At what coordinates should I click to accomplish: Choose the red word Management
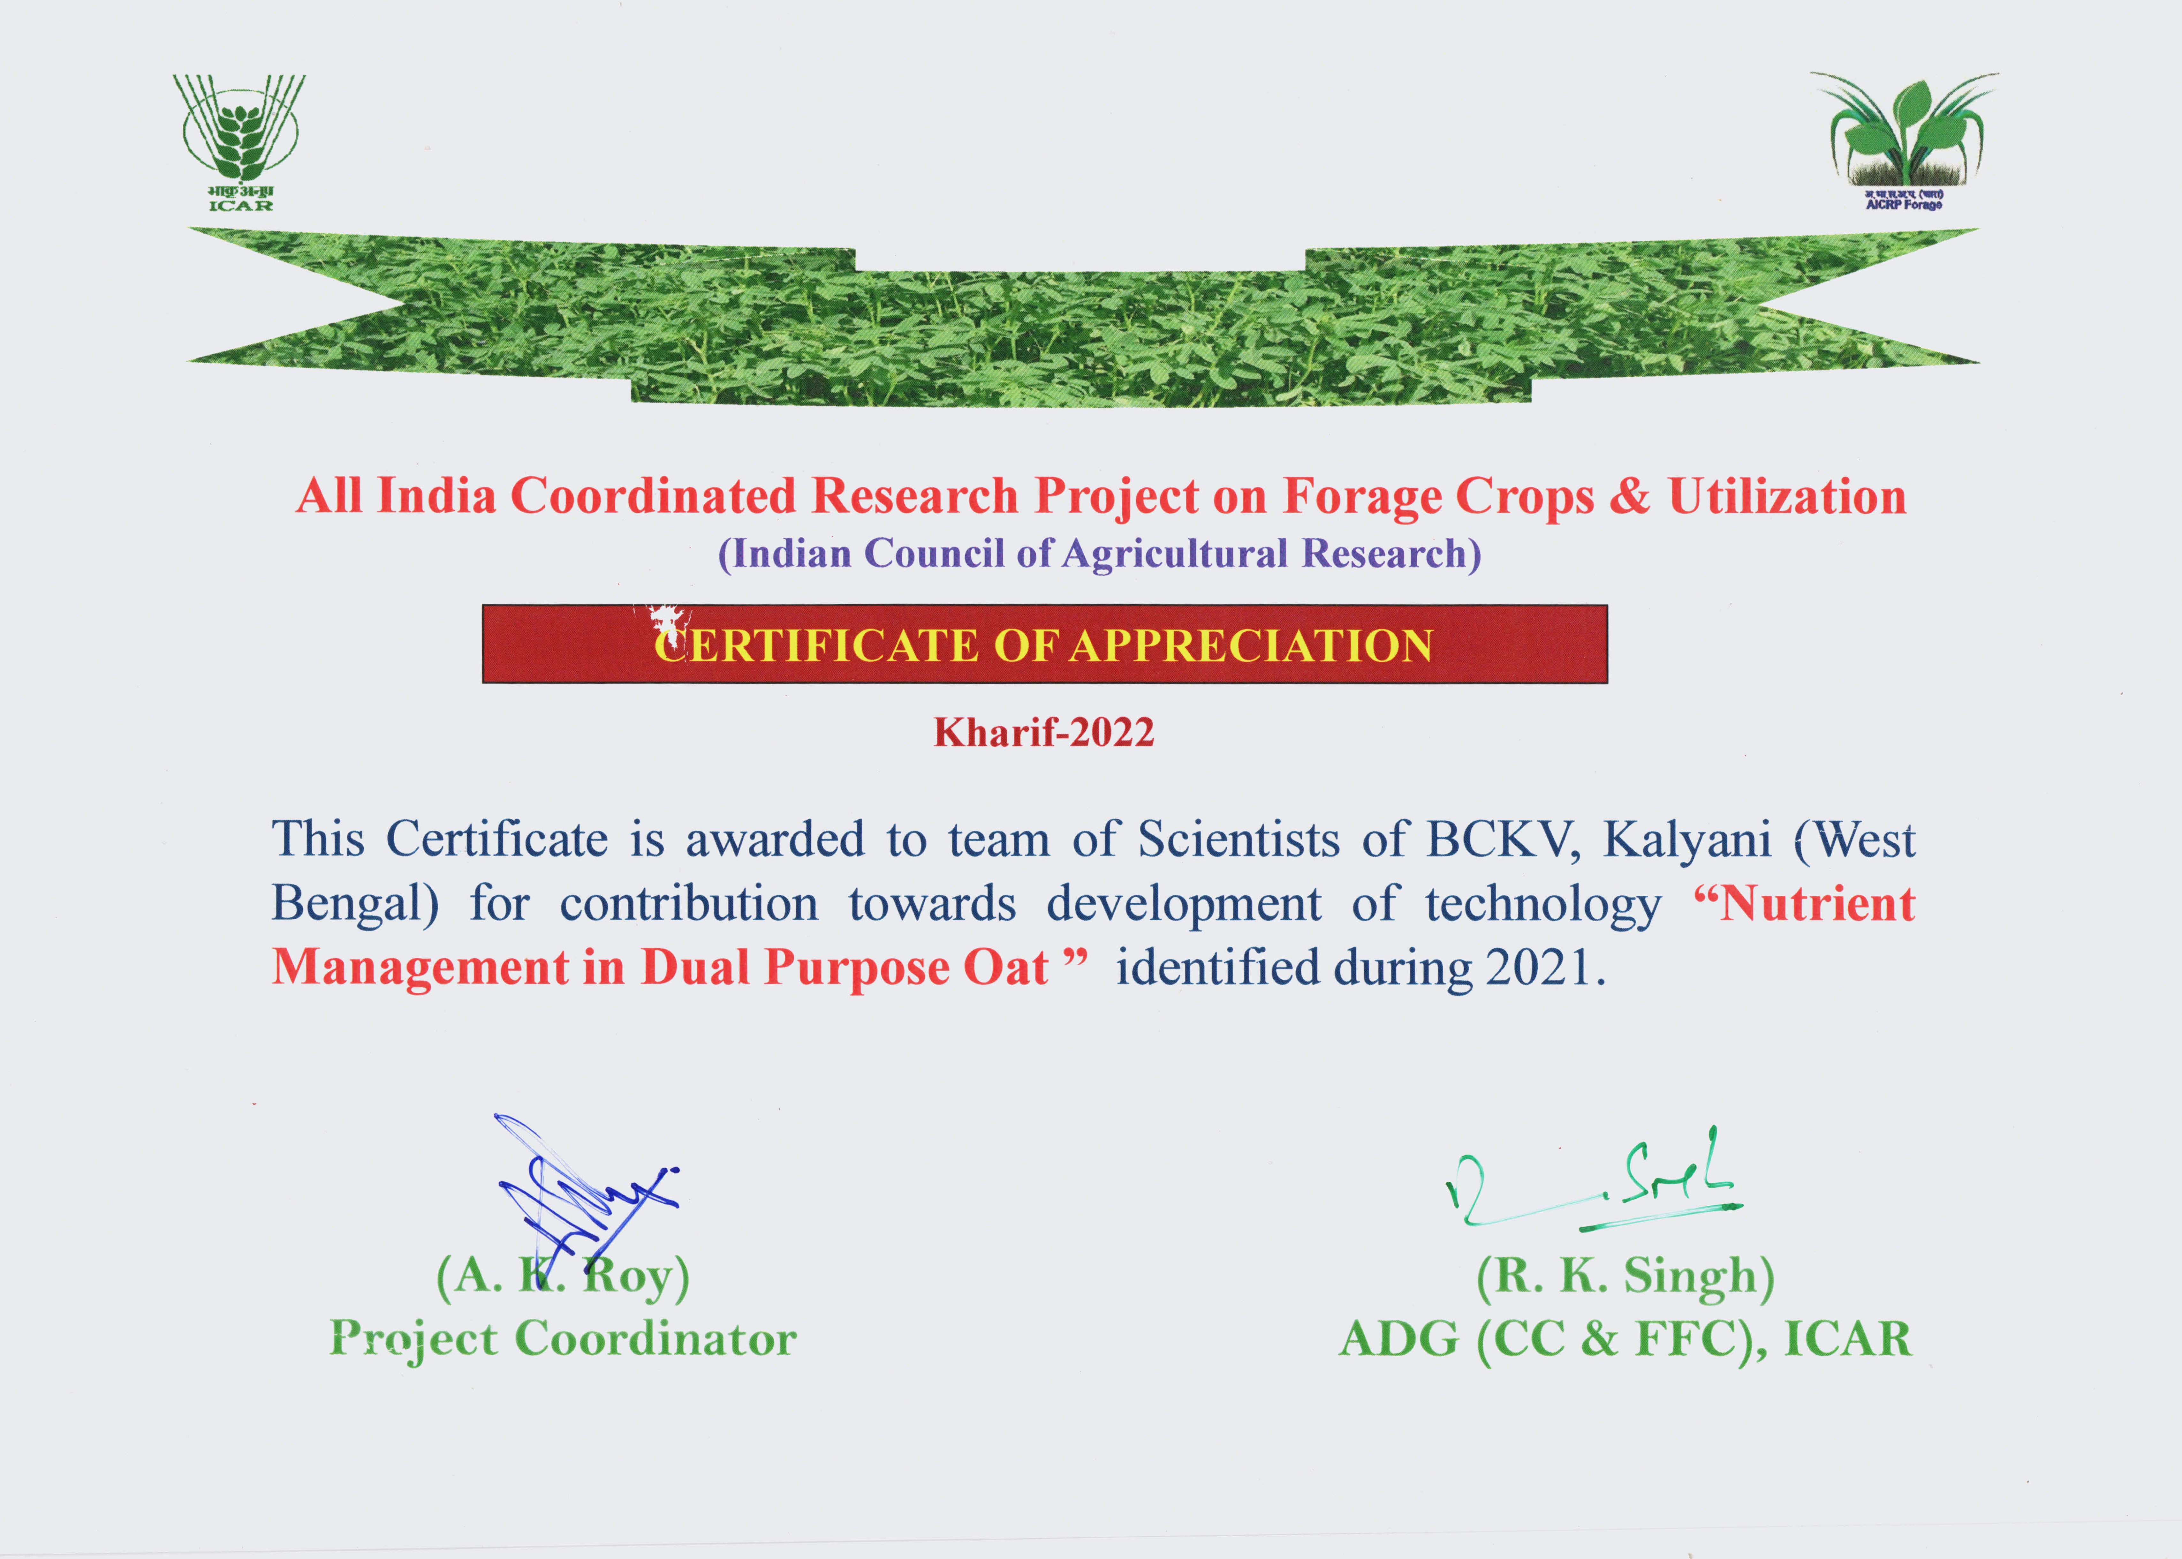pyautogui.click(x=420, y=968)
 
